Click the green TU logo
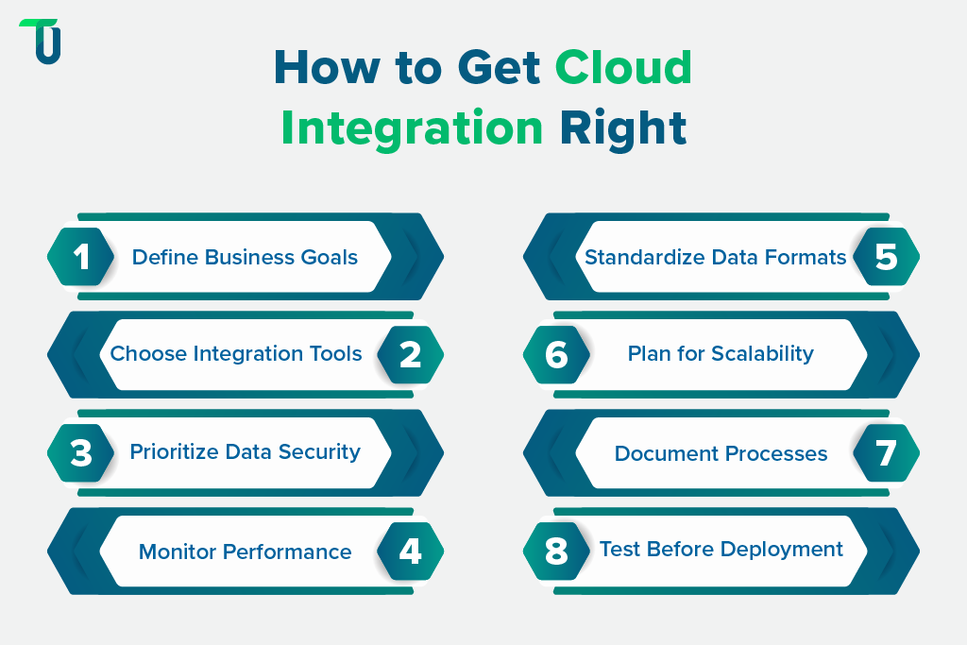coord(40,42)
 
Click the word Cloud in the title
coord(623,68)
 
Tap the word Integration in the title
coord(412,127)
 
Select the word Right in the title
coord(622,127)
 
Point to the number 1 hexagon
coord(81,257)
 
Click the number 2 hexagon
coord(410,354)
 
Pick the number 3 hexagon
coord(81,452)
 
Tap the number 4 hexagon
coord(410,551)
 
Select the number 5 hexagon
coord(886,257)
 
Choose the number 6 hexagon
coord(557,354)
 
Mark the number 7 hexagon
coord(886,452)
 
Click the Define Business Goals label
coord(245,257)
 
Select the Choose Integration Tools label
coord(236,354)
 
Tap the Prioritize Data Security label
coord(245,452)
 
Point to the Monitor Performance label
coord(245,552)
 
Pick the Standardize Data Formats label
coord(716,257)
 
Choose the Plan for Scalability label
coord(721,354)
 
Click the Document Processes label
coord(721,453)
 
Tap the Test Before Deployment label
coord(721,550)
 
